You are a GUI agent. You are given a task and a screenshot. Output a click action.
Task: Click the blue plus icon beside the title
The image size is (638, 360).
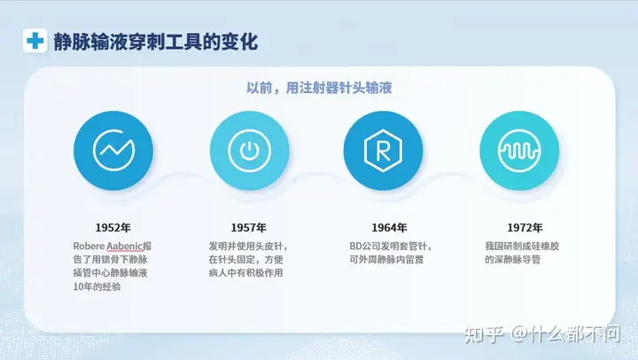(35, 41)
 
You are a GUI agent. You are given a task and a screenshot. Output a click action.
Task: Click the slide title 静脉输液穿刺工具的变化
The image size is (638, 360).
(156, 42)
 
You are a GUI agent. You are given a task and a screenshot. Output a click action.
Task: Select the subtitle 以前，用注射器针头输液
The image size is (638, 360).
(319, 88)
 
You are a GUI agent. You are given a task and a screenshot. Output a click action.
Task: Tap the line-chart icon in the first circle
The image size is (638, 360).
(113, 150)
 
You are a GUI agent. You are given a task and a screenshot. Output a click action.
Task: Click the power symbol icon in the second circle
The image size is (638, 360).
(249, 150)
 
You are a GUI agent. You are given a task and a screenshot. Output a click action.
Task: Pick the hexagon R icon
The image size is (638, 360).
(383, 151)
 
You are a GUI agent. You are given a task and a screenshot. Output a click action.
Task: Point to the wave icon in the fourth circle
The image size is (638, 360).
(519, 150)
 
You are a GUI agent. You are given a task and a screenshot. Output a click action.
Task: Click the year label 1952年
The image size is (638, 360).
(113, 228)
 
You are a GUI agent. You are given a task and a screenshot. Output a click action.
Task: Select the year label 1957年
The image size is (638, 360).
(249, 228)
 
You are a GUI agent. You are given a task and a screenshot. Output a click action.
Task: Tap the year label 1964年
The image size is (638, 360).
(389, 228)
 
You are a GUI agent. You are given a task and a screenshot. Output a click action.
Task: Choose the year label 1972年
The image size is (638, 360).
(525, 228)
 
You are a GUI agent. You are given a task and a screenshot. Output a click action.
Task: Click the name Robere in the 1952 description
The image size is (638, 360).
(89, 247)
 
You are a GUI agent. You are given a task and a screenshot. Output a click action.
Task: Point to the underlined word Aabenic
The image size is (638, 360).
(125, 247)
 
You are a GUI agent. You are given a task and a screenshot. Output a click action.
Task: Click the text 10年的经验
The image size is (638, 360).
(97, 286)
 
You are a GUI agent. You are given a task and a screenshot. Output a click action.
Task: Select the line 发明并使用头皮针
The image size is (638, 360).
(245, 247)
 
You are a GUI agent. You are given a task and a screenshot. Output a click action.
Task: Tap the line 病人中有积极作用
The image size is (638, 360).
(245, 273)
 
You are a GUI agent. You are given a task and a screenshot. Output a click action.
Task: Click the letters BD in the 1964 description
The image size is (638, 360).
(355, 247)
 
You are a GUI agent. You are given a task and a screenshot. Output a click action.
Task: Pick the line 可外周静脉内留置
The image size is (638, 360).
(386, 260)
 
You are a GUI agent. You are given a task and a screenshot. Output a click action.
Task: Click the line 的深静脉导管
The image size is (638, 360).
(513, 260)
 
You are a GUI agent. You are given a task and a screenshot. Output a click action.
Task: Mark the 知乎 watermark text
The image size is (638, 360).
(484, 334)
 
